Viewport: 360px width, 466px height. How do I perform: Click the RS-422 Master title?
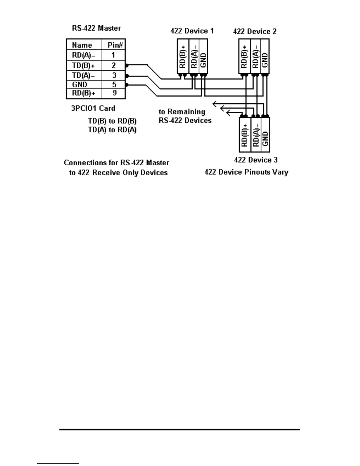point(96,28)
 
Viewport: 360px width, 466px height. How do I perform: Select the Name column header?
point(82,45)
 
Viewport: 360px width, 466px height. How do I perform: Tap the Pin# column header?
point(115,45)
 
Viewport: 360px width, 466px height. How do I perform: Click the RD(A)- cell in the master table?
point(84,55)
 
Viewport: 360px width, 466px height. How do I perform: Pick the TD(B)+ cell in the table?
point(84,65)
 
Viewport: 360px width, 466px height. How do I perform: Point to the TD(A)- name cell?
point(84,76)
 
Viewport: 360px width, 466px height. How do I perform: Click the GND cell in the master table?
point(80,85)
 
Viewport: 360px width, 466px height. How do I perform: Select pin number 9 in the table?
point(114,93)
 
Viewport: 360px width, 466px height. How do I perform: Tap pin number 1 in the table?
point(113,55)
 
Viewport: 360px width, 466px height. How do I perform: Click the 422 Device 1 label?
point(192,31)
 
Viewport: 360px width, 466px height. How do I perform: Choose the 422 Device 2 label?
point(255,31)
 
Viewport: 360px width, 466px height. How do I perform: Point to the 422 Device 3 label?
point(256,160)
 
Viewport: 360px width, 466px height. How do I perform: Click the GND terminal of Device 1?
point(203,60)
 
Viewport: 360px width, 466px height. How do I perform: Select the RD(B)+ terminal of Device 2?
point(244,56)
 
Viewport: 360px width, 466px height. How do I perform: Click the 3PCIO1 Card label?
point(93,108)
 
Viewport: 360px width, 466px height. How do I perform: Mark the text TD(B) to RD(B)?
point(112,121)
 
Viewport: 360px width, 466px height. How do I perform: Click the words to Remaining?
point(182,112)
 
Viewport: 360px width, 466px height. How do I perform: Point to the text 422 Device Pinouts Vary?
point(246,172)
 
